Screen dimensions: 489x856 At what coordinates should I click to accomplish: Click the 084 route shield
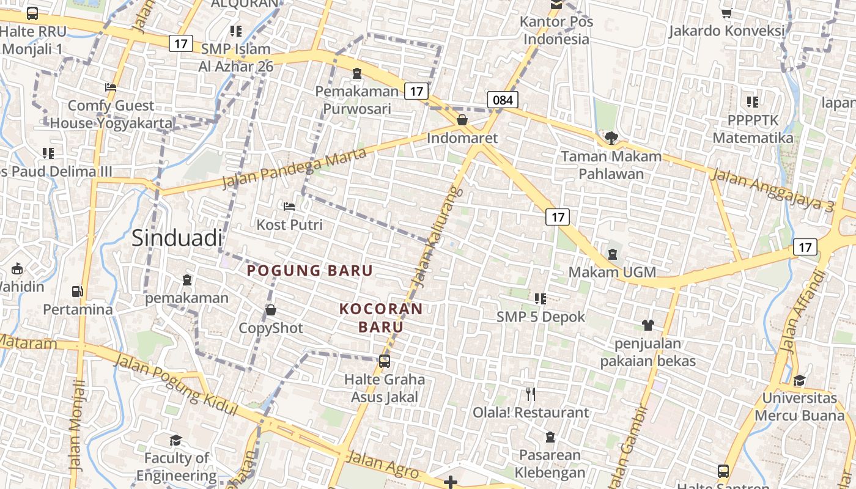click(503, 100)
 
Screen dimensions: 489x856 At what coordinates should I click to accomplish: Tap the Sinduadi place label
click(177, 238)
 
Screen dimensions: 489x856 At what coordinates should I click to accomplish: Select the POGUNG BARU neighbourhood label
click(309, 270)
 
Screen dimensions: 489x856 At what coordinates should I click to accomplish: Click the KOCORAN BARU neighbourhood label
click(381, 318)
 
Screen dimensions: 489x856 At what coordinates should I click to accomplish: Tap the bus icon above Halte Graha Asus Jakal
click(384, 361)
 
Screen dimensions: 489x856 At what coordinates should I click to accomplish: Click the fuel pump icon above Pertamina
click(77, 292)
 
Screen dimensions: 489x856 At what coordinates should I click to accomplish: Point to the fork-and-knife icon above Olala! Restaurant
click(531, 394)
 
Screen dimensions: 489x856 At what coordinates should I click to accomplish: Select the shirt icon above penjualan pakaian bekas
click(648, 325)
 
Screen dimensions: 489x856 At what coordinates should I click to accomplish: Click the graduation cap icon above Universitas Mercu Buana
click(799, 380)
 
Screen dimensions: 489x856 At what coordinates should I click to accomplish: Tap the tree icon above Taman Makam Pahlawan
click(611, 138)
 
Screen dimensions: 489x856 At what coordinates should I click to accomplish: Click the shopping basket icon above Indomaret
click(462, 120)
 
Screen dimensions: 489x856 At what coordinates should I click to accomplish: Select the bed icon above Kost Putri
click(289, 207)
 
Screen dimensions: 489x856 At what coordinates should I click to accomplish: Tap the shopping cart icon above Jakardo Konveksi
click(726, 12)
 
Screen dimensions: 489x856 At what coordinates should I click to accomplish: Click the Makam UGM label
click(612, 272)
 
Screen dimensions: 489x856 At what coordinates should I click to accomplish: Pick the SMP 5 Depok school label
click(541, 317)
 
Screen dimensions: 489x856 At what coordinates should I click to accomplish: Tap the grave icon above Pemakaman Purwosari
click(356, 74)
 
